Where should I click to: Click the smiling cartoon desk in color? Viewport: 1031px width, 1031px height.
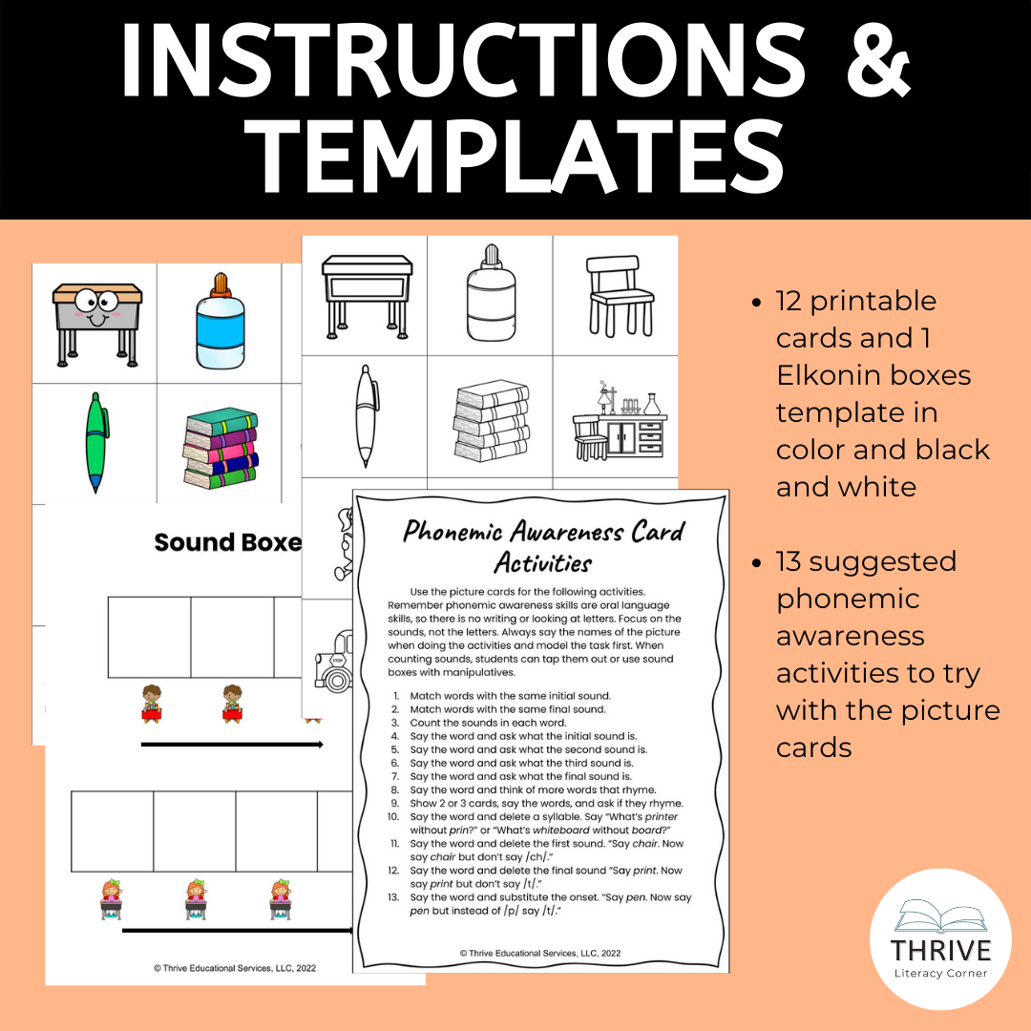pyautogui.click(x=93, y=322)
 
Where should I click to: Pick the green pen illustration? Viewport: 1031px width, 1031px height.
pyautogui.click(x=94, y=440)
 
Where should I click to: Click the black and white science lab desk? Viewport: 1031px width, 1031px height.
pyautogui.click(x=615, y=419)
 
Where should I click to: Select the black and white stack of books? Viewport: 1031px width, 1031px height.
pyautogui.click(x=491, y=421)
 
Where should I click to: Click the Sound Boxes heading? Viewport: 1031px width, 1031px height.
pyautogui.click(x=227, y=542)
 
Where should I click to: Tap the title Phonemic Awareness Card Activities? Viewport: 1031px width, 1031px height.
pyautogui.click(x=543, y=545)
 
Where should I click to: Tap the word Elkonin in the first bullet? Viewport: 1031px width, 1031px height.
pyautogui.click(x=823, y=375)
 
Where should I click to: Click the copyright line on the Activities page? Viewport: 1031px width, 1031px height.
pyautogui.click(x=540, y=952)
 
